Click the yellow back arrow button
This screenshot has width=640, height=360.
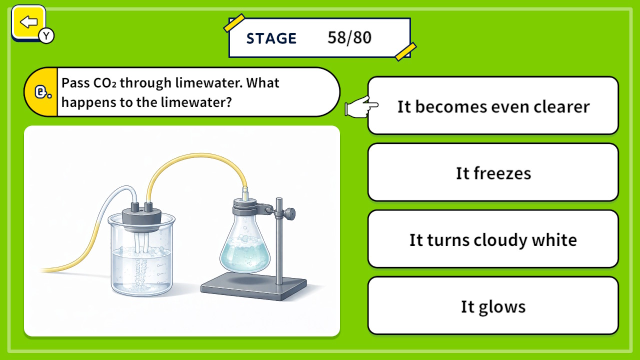pos(29,22)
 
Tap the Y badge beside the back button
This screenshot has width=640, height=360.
pos(46,35)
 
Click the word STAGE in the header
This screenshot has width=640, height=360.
pos(271,38)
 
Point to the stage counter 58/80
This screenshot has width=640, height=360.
pos(349,38)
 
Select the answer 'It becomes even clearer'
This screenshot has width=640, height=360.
pos(493,106)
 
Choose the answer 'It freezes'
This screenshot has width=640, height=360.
pos(493,173)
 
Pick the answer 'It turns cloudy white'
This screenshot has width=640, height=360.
pos(493,240)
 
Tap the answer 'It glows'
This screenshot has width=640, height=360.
pos(493,306)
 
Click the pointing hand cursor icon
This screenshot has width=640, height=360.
pos(361,107)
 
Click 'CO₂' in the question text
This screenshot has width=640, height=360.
pos(104,82)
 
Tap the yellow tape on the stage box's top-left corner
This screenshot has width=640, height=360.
pos(234,23)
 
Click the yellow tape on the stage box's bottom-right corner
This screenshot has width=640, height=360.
pos(405,51)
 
